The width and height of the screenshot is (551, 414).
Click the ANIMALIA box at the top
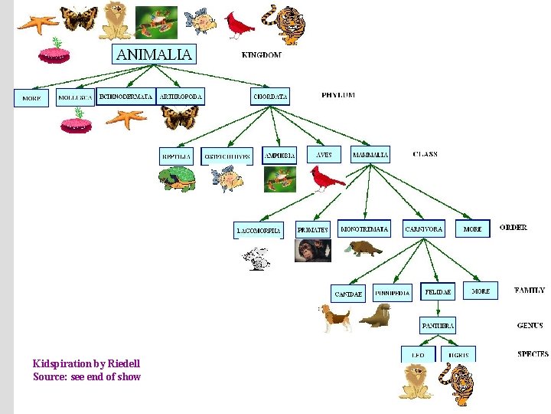click(x=155, y=54)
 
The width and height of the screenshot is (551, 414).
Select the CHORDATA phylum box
click(x=271, y=97)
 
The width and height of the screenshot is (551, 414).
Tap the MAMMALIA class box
click(x=370, y=154)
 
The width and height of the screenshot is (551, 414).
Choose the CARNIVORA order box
click(x=423, y=229)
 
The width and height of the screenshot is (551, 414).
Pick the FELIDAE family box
click(x=438, y=291)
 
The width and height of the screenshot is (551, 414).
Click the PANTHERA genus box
click(x=438, y=325)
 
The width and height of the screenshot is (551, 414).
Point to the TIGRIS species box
click(x=459, y=355)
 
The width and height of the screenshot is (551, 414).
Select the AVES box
click(x=324, y=154)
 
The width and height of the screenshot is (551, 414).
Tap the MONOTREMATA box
click(x=364, y=228)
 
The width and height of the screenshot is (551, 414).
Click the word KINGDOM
click(x=261, y=55)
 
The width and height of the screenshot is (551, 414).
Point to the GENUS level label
click(x=530, y=326)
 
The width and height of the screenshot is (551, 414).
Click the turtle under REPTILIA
click(x=178, y=180)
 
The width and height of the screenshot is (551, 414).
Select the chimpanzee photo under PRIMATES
click(x=313, y=251)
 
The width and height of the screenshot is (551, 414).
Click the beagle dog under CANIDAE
click(x=335, y=316)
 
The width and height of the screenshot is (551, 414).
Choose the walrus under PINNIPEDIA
click(x=375, y=315)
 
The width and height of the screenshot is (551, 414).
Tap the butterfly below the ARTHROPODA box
click(x=180, y=117)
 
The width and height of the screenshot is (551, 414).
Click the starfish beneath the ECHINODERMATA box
click(x=126, y=118)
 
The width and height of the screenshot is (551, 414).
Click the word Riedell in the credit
click(x=124, y=363)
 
